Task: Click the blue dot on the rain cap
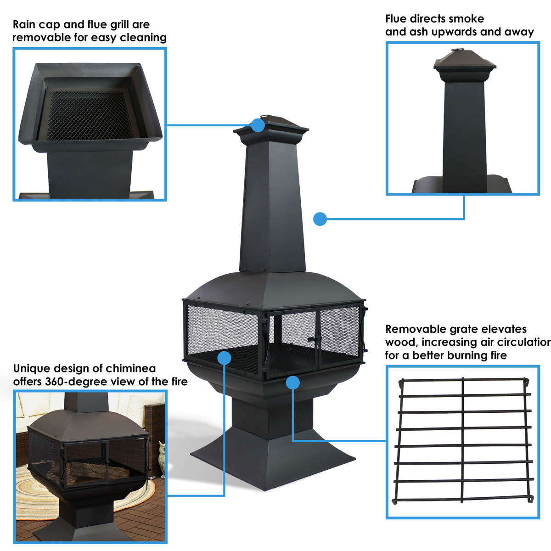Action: tap(258, 125)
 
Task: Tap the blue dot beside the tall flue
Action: tap(320, 219)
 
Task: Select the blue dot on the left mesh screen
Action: tap(224, 358)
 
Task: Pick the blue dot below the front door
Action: tap(292, 382)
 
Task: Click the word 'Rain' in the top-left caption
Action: tap(26, 24)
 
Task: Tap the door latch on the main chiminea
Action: tap(314, 341)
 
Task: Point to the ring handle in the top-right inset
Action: tap(458, 50)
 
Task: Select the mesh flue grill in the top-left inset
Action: tap(87, 115)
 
